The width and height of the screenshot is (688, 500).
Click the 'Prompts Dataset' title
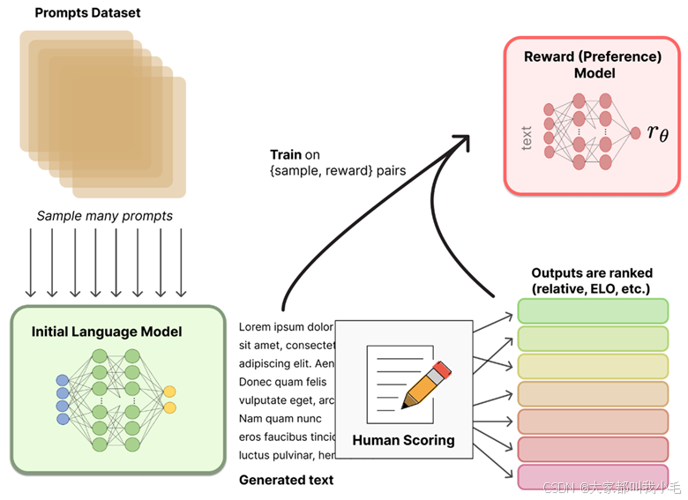[87, 13]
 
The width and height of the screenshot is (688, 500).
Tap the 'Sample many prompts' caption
[104, 215]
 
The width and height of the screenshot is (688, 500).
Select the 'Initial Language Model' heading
[107, 332]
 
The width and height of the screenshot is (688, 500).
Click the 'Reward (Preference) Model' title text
[593, 64]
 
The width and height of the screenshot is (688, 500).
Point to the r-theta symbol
[657, 132]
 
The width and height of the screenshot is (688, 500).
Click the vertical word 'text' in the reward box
[527, 137]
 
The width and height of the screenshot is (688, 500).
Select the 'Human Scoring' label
[403, 439]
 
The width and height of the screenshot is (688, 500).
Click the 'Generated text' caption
[286, 481]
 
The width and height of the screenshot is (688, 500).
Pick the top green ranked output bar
[592, 311]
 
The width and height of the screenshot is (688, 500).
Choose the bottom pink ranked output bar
[592, 477]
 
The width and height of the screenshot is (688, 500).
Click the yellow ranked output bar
[592, 367]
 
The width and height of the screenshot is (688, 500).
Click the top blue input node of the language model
[62, 381]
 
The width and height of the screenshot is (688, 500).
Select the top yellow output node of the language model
[169, 391]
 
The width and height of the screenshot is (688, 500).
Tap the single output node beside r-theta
[634, 133]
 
